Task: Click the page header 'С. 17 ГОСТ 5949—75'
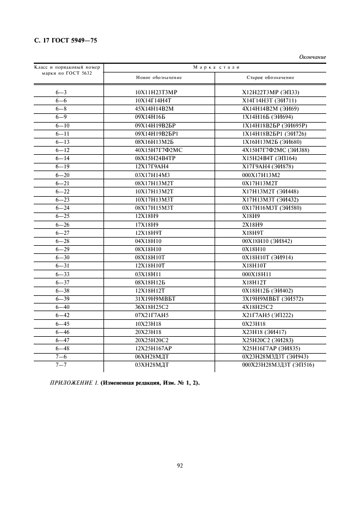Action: (x=63, y=40)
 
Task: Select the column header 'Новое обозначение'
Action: (x=157, y=77)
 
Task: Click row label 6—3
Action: (x=61, y=93)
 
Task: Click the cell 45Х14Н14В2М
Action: (x=156, y=109)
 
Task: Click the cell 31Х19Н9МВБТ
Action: (x=156, y=299)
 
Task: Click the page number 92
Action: (x=180, y=465)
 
